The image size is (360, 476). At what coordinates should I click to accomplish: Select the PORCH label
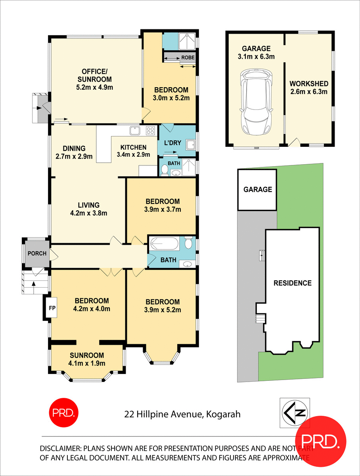pos(37,253)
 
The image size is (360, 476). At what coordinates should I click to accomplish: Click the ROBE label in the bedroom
pos(188,58)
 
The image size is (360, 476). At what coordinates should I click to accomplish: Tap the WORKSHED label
pos(308,84)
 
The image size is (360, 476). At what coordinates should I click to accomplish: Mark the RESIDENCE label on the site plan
pos(293,283)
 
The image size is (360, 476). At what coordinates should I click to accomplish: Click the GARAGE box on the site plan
pos(257,190)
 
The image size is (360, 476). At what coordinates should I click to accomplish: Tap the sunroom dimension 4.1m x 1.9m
pos(86,363)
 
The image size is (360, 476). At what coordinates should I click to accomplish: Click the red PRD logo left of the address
pos(64,412)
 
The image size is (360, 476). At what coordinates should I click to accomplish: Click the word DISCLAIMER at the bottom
pos(60,449)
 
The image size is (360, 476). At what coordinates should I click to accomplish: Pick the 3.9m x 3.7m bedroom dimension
pos(162,209)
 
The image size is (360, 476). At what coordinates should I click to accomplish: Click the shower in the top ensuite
pos(185,40)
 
